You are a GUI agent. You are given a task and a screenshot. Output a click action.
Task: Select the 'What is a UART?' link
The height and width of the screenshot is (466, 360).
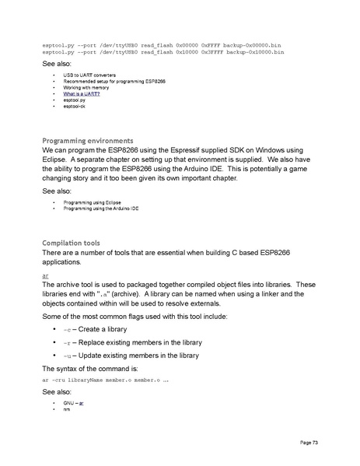[82, 94]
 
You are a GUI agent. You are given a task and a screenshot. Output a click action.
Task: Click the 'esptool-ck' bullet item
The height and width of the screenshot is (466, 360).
[75, 107]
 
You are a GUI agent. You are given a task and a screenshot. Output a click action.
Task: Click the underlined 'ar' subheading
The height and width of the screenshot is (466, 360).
[46, 275]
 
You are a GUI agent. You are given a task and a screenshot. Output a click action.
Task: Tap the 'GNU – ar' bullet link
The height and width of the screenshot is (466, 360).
[74, 405]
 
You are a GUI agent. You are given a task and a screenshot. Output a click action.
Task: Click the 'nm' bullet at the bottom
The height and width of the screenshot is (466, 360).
[67, 410]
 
